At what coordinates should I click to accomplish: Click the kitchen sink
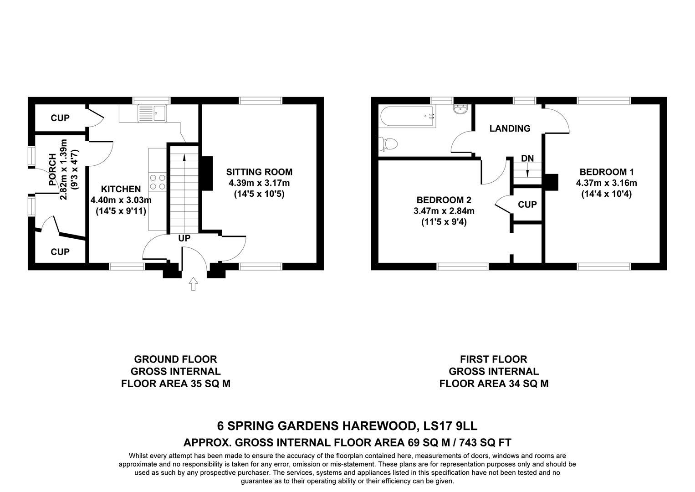[153, 113]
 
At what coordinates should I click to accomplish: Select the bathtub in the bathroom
[407, 116]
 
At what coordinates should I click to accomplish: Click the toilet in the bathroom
[388, 144]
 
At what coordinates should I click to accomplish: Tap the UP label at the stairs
[184, 238]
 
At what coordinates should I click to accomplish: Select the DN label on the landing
[527, 159]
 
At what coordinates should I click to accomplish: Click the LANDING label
[510, 128]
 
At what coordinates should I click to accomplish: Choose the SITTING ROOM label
[259, 172]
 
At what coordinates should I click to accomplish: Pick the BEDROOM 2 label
[444, 200]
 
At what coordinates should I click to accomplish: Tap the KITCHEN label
[121, 189]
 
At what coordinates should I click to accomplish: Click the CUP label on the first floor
[527, 205]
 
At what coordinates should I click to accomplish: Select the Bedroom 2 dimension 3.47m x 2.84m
[444, 211]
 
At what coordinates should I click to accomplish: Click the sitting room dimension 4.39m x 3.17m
[259, 183]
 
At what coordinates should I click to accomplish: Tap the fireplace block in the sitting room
[207, 173]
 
